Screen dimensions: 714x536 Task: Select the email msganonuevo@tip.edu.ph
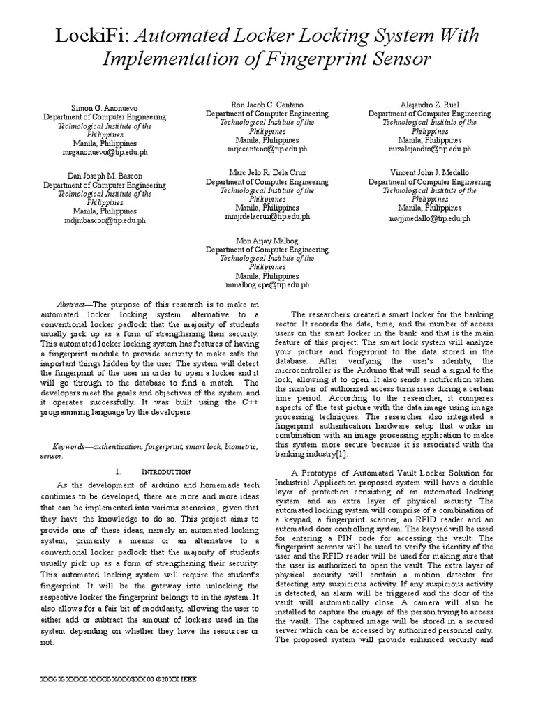pyautogui.click(x=105, y=151)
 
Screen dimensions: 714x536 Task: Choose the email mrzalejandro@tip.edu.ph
pyautogui.click(x=430, y=149)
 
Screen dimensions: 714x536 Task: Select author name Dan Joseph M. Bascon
pyautogui.click(x=105, y=176)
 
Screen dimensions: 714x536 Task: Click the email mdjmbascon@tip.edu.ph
pyautogui.click(x=105, y=220)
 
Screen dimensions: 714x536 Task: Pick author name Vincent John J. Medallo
pyautogui.click(x=430, y=172)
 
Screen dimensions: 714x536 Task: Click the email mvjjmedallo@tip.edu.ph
pyautogui.click(x=430, y=218)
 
